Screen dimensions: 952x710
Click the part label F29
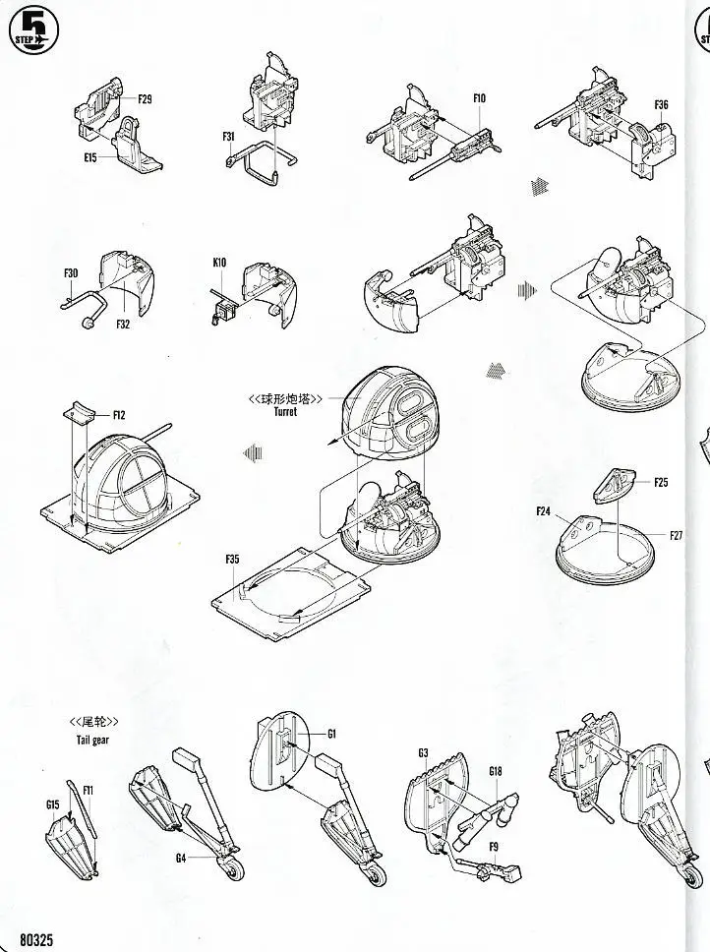click(x=145, y=99)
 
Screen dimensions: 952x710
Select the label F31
click(x=229, y=138)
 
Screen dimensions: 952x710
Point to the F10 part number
click(x=479, y=98)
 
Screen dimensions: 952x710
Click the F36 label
click(x=661, y=105)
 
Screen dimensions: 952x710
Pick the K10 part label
click(x=218, y=263)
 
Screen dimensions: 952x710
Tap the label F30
click(x=71, y=272)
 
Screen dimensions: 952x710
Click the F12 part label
click(x=119, y=415)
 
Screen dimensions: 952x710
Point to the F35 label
click(x=232, y=560)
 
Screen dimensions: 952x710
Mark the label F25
click(x=661, y=483)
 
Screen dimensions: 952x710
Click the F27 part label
click(x=677, y=536)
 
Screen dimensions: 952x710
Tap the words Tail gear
click(x=92, y=741)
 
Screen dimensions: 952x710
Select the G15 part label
click(x=53, y=803)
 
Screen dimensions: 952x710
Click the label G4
click(x=181, y=858)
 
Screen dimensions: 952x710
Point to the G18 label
click(x=496, y=772)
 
